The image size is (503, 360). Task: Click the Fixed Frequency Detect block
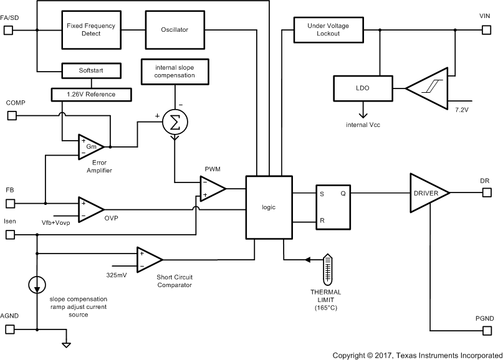91,29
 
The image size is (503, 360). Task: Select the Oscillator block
175,29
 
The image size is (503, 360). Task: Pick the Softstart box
91,71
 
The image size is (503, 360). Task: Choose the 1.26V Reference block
91,94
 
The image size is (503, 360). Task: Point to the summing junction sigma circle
175,123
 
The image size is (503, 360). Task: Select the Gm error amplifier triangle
91,146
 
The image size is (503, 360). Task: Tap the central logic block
269,207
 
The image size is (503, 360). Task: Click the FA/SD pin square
9,29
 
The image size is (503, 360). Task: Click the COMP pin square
11,115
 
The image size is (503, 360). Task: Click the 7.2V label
462,110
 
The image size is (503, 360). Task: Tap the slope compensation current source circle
37,285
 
